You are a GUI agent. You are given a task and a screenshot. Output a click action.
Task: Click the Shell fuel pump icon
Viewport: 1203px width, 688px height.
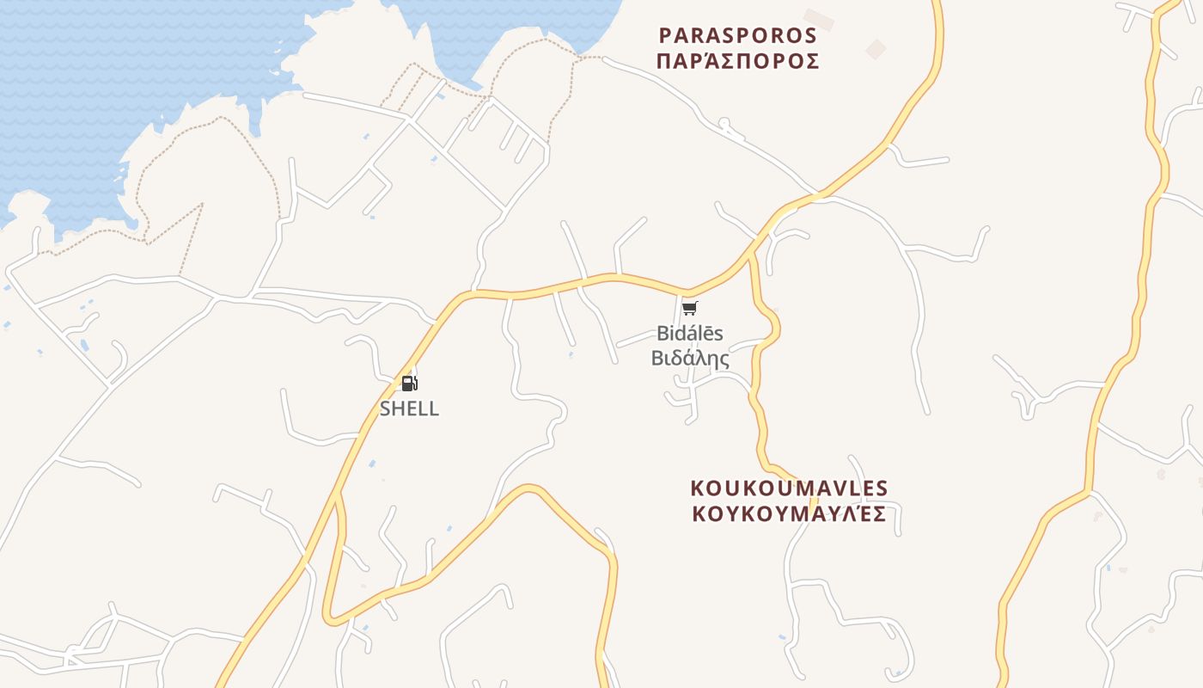(x=409, y=384)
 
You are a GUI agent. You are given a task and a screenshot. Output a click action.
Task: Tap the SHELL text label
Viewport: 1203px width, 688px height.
(x=409, y=408)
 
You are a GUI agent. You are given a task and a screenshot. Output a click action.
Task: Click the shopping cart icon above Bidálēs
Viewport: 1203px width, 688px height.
(x=690, y=309)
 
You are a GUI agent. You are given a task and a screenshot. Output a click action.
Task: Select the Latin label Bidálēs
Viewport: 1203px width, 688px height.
(x=690, y=333)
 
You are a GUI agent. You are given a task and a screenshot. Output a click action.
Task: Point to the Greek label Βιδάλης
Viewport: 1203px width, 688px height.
(x=690, y=358)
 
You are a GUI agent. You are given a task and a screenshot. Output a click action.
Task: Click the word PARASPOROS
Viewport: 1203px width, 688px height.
(x=737, y=35)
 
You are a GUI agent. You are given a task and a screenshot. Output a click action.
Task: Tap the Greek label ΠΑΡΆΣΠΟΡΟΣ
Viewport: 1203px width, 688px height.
(x=737, y=61)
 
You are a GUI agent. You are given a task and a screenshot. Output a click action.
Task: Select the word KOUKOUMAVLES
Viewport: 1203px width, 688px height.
(x=789, y=488)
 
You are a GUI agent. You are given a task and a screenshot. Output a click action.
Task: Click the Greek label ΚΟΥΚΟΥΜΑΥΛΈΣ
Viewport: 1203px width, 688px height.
(x=789, y=514)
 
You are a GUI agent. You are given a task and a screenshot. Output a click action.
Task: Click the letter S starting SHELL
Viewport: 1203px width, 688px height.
(x=386, y=408)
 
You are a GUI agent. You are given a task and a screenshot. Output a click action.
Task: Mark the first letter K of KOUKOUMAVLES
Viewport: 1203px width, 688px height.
(x=697, y=488)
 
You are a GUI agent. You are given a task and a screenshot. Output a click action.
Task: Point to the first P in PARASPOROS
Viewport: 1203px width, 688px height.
(x=664, y=35)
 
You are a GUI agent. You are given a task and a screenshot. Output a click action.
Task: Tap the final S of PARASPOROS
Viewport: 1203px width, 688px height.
(x=810, y=35)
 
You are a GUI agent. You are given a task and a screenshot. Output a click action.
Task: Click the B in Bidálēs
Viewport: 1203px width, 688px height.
(x=663, y=333)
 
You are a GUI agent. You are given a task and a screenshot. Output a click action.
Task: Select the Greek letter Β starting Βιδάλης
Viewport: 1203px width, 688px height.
(x=657, y=358)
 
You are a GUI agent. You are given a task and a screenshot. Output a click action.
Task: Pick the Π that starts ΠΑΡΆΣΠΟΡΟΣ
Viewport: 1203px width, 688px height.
(x=663, y=61)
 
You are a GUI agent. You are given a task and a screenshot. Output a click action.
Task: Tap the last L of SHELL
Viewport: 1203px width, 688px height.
(x=433, y=408)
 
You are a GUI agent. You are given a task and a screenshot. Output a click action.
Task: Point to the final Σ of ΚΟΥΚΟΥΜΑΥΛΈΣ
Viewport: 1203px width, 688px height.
(x=879, y=514)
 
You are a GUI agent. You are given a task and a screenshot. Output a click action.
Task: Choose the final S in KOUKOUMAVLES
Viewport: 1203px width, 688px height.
(x=882, y=488)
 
